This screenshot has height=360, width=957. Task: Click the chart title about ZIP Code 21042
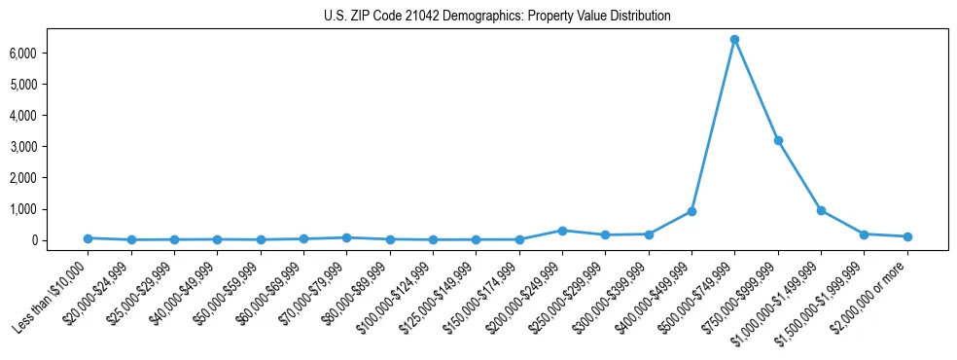pyautogui.click(x=497, y=16)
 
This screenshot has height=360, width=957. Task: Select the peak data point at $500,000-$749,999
pyautogui.click(x=734, y=40)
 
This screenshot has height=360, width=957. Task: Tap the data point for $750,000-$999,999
pyautogui.click(x=778, y=140)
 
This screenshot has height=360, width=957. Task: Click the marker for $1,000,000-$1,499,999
pyautogui.click(x=821, y=210)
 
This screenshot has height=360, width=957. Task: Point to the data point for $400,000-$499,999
pyautogui.click(x=691, y=211)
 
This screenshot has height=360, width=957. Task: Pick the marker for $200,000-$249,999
pyautogui.click(x=562, y=231)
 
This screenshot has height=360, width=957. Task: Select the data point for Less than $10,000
pyautogui.click(x=88, y=238)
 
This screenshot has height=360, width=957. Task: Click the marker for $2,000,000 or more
pyautogui.click(x=907, y=236)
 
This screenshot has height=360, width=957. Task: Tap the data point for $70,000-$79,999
pyautogui.click(x=346, y=237)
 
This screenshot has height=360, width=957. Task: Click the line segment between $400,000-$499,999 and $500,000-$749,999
pyautogui.click(x=713, y=126)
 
